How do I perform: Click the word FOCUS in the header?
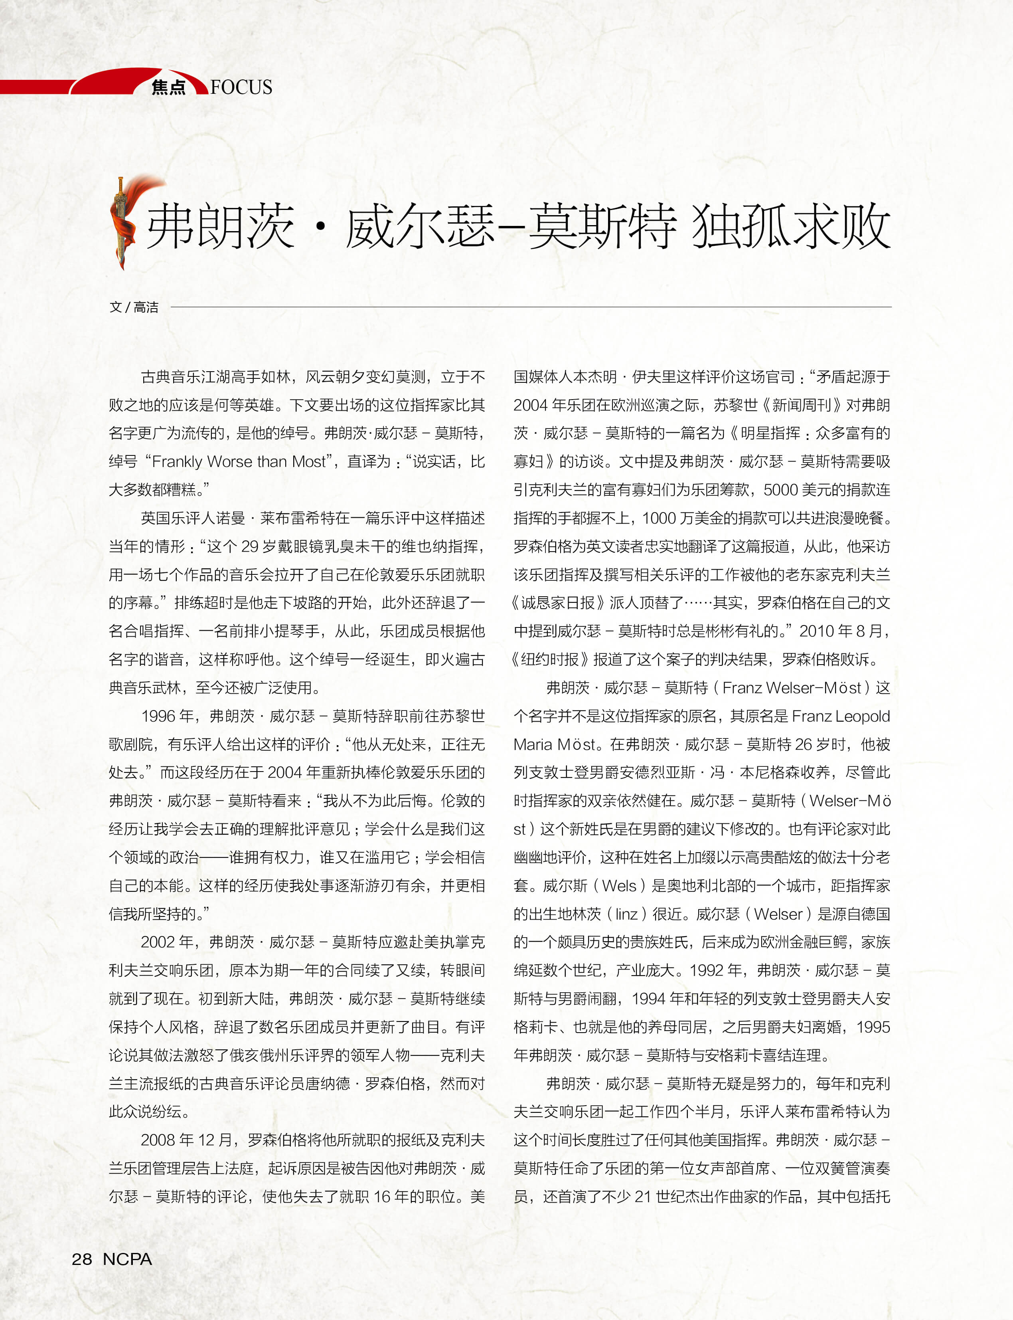(241, 87)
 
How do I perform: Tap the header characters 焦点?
(168, 87)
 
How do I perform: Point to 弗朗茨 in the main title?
(221, 226)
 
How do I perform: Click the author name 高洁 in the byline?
(146, 307)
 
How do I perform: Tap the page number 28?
(82, 1259)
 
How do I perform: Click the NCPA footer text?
(127, 1259)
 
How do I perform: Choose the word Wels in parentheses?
(619, 886)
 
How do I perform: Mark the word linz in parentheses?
(626, 914)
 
